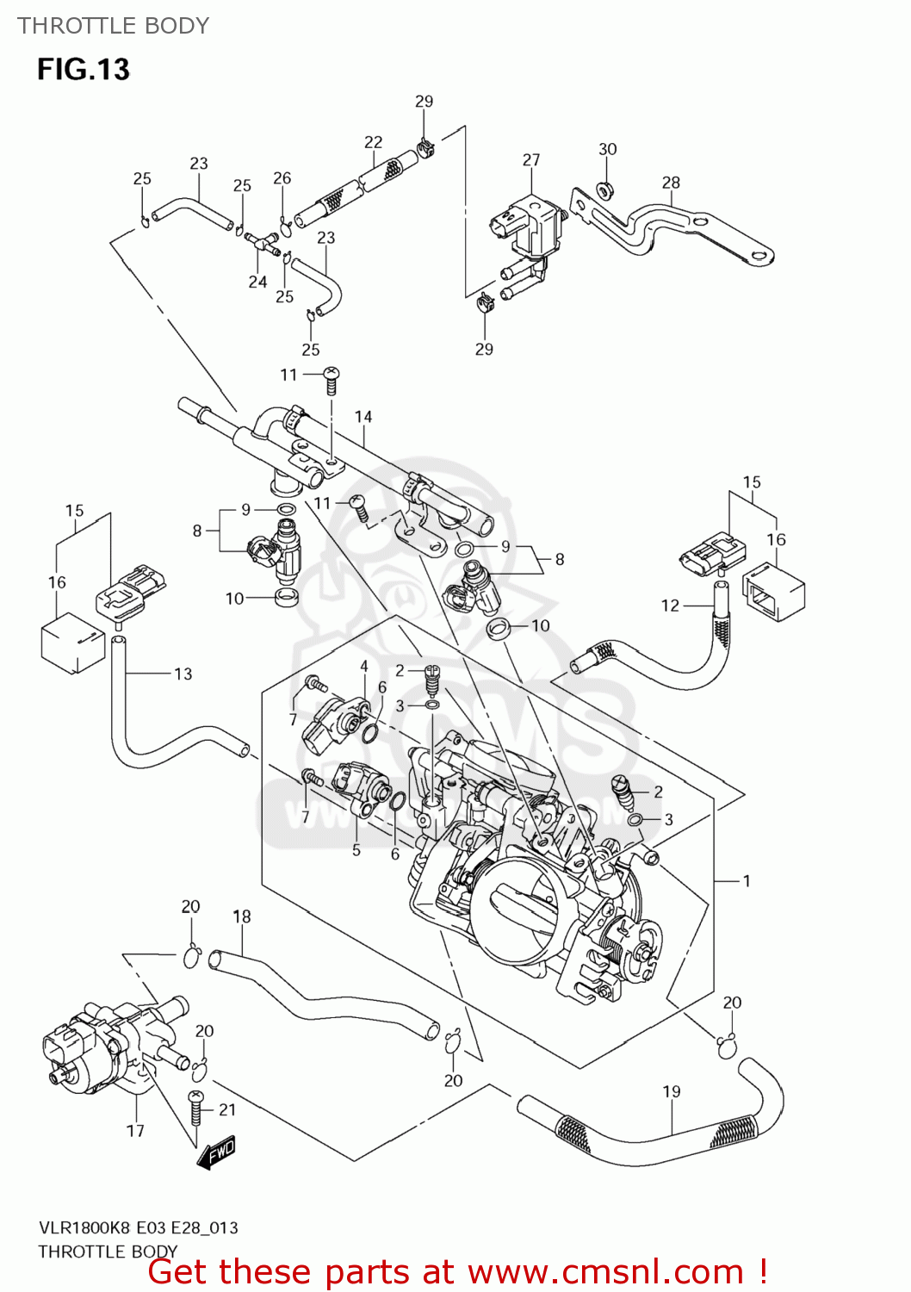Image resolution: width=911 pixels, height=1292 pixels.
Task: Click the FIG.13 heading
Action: [84, 69]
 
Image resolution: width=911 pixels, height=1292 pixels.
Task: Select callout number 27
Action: [531, 160]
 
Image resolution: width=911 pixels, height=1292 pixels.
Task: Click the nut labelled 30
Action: [605, 189]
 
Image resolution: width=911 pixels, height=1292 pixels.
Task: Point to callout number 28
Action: [671, 183]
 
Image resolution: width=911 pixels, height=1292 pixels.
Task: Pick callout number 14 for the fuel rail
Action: [363, 417]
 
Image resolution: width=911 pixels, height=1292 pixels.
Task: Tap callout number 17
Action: [135, 1130]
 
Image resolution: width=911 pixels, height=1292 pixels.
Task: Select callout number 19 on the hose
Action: [672, 1091]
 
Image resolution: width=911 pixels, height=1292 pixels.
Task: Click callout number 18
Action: [242, 916]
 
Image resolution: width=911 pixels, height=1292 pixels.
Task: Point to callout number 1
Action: [747, 880]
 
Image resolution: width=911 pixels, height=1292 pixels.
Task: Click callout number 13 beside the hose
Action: [183, 674]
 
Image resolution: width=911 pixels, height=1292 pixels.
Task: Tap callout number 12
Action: [670, 606]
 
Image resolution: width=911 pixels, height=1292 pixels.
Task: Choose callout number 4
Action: [364, 667]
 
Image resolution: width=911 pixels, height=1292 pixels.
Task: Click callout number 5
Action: [356, 850]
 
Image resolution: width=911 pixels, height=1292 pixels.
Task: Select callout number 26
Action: [282, 178]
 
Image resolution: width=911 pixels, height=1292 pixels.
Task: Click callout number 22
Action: [373, 142]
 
